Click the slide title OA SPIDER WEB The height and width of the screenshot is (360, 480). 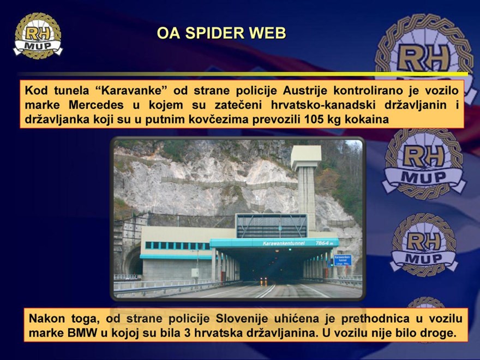click(x=221, y=33)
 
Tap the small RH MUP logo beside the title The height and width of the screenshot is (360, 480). click(x=38, y=35)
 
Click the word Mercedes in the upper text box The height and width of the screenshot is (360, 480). click(x=96, y=105)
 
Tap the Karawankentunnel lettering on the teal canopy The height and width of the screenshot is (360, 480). click(x=284, y=243)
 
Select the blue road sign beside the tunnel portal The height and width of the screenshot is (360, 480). click(x=343, y=260)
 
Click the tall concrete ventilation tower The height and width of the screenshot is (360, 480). click(x=306, y=187)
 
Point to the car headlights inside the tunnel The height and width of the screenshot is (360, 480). click(x=263, y=279)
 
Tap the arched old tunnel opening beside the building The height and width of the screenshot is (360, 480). click(x=133, y=260)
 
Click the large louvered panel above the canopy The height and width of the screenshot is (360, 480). click(x=272, y=226)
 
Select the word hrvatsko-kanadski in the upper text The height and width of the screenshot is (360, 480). click(x=323, y=105)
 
